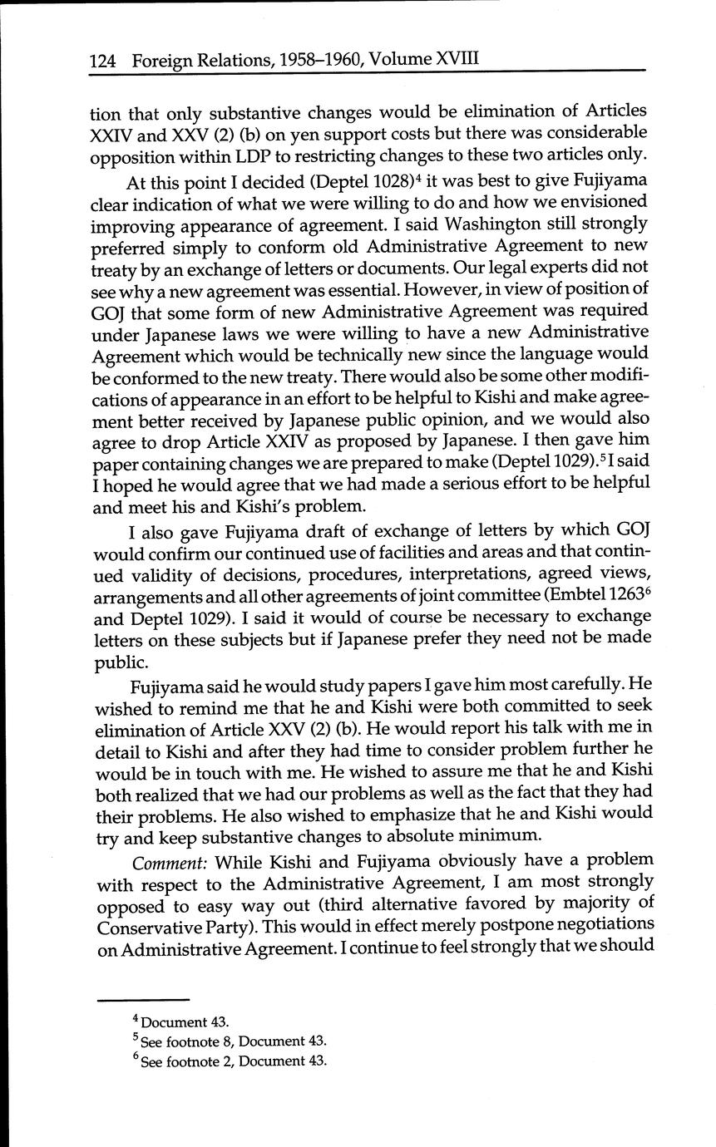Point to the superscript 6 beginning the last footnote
(136, 1059)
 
